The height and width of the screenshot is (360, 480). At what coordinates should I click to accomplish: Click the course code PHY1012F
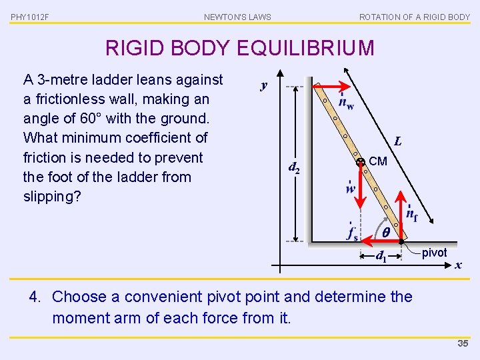30,17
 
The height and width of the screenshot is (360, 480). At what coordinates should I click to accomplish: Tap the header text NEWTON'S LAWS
237,17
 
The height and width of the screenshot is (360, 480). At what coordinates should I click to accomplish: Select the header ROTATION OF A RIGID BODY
414,17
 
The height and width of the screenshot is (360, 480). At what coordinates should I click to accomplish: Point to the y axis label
264,85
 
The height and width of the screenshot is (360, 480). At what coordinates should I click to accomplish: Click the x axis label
458,265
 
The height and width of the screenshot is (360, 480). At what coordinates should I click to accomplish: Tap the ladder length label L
397,141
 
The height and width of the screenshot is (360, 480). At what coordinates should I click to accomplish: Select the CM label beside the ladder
377,161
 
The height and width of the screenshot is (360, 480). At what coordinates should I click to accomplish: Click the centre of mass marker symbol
359,161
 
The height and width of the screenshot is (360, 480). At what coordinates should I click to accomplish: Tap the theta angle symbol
386,233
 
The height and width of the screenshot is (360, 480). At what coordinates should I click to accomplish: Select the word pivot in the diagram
434,253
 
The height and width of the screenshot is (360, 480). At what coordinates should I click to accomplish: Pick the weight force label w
351,187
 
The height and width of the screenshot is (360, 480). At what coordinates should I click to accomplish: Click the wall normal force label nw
346,102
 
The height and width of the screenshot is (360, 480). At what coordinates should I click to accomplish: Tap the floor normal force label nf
412,215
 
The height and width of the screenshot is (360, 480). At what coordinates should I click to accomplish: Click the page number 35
463,344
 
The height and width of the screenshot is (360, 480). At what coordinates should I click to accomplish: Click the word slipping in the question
49,197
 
